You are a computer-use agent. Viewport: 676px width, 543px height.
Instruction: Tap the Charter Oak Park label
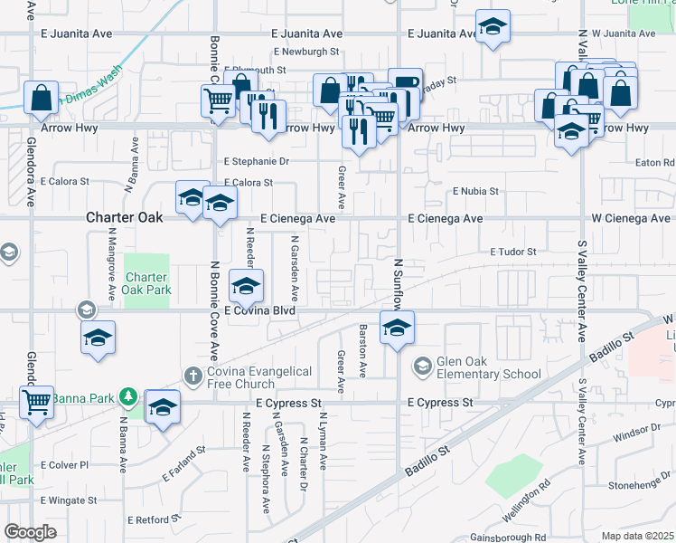tap(146, 284)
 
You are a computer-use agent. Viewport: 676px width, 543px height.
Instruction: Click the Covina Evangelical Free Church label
tap(258, 378)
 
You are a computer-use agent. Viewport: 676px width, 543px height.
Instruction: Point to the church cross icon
tap(192, 375)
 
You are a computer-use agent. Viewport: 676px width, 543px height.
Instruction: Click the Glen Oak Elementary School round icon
tap(422, 367)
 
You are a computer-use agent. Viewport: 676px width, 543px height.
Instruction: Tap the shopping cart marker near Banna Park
tap(36, 400)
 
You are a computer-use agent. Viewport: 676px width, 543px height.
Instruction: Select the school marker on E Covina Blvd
tap(246, 286)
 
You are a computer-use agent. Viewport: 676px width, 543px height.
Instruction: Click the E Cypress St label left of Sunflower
tap(289, 402)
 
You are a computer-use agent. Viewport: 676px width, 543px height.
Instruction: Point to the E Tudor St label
tap(513, 252)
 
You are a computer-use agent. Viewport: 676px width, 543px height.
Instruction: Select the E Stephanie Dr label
tap(257, 162)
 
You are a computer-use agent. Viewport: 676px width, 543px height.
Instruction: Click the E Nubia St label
tap(475, 192)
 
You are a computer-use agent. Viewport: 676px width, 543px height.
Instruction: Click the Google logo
tap(30, 532)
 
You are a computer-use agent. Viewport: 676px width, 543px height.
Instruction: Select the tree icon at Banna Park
tap(128, 396)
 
